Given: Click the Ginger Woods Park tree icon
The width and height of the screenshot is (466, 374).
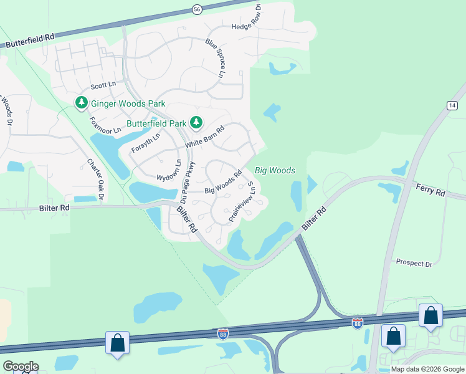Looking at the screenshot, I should point(81,103).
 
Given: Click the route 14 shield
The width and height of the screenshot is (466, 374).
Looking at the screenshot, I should point(452,106).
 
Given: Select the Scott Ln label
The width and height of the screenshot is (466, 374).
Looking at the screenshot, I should point(103,85).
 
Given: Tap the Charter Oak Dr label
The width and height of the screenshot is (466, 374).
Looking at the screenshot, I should point(95,178).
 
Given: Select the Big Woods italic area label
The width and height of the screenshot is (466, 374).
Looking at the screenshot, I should point(275,170).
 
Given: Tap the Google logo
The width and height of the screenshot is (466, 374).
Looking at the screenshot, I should point(21,367).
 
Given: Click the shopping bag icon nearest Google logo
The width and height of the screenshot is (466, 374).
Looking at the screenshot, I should point(117,343).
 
